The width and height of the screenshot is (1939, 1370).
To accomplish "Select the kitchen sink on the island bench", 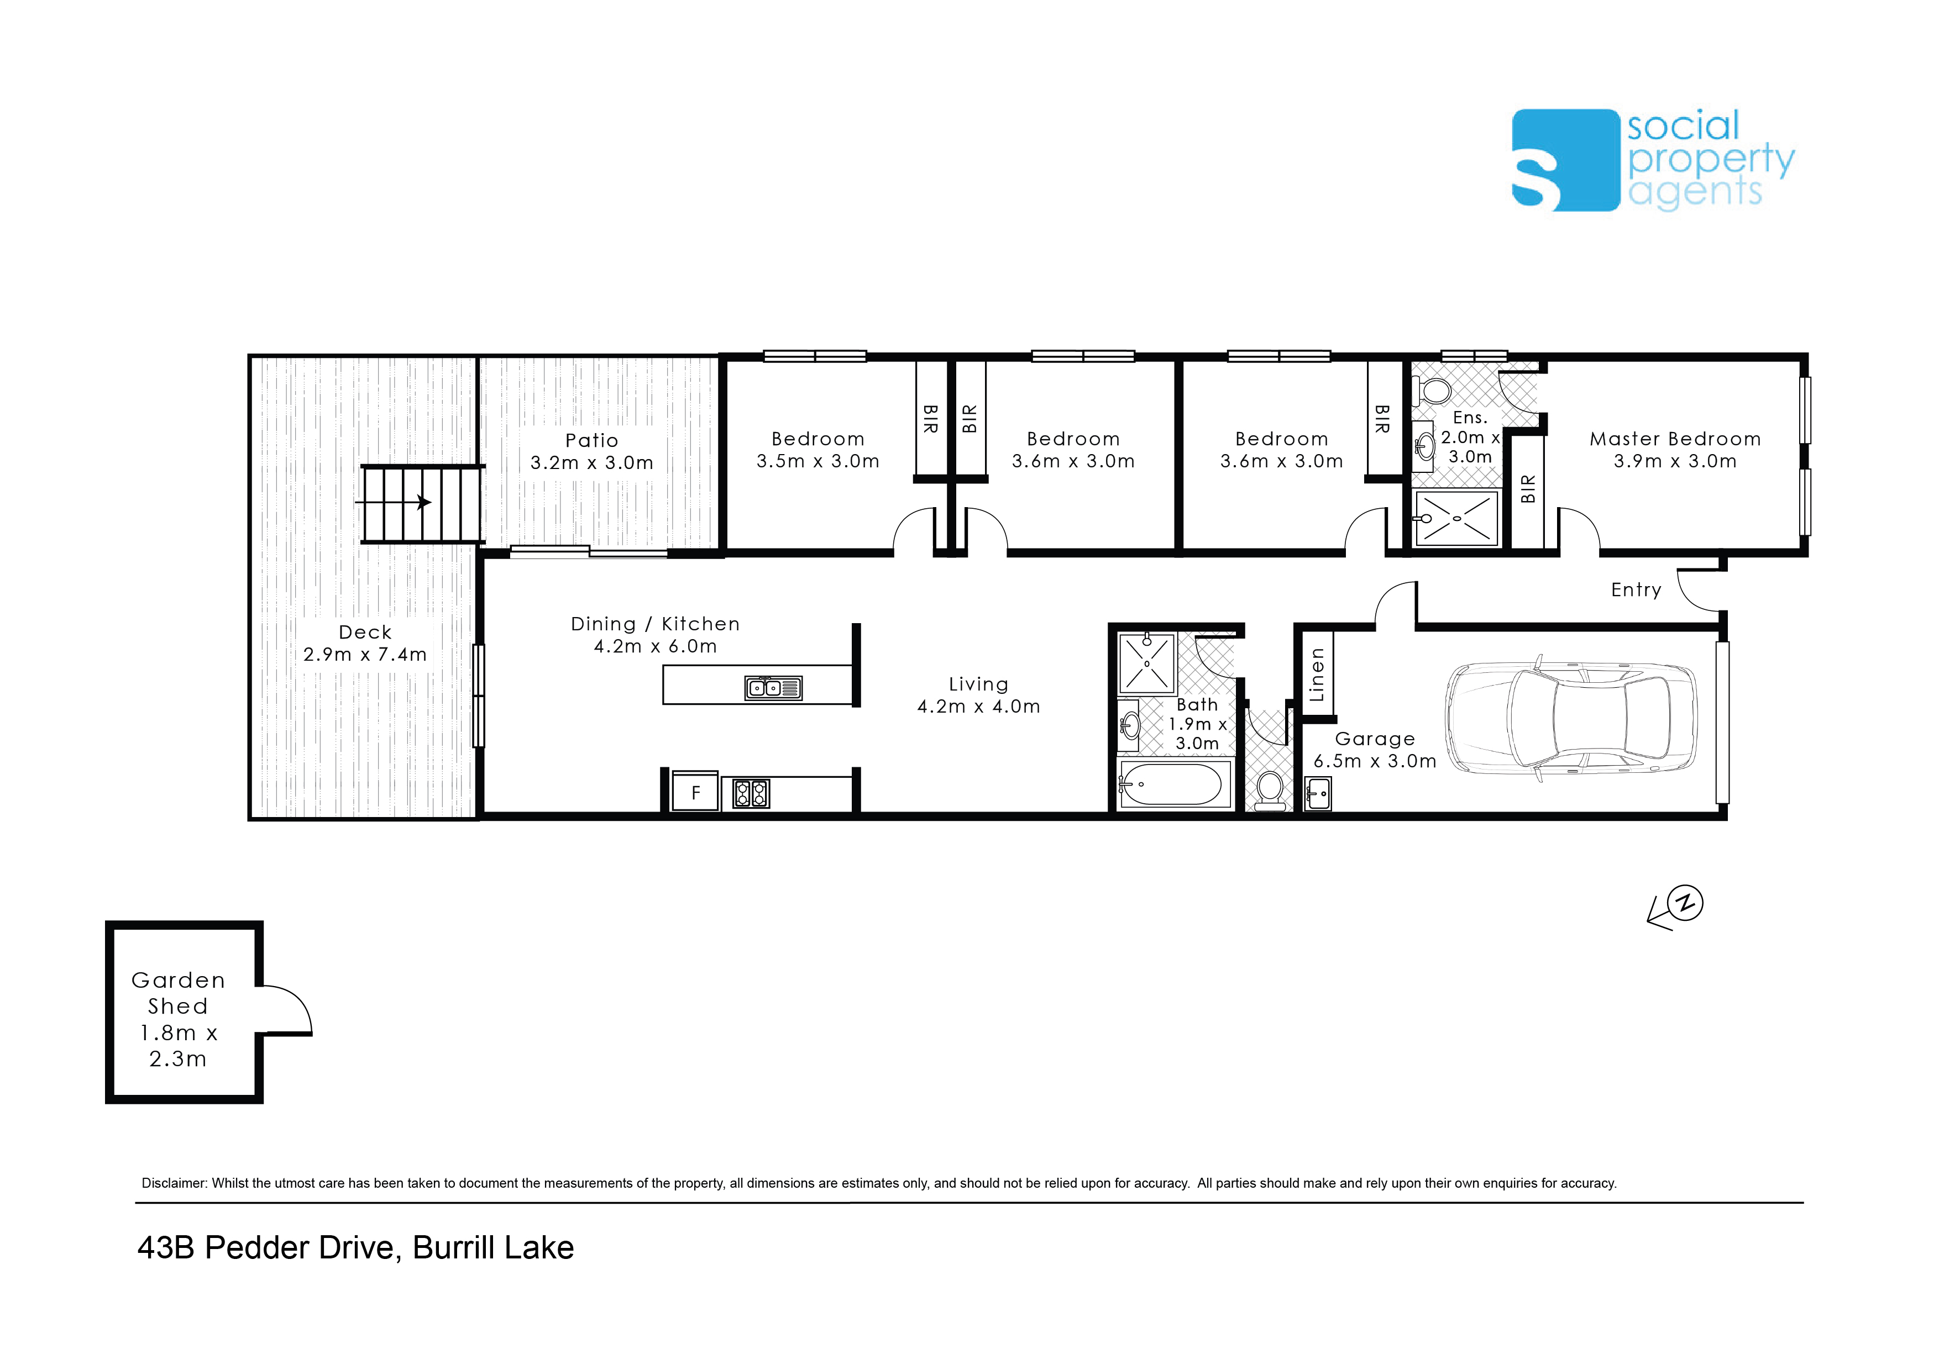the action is pyautogui.click(x=773, y=688).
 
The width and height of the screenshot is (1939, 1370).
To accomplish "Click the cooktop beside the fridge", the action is pyautogui.click(x=751, y=793).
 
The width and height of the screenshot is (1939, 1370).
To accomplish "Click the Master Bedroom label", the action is pyautogui.click(x=1675, y=439).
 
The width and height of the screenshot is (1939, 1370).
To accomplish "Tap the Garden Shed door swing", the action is pyautogui.click(x=287, y=1010).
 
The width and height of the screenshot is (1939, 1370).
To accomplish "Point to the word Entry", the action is pyautogui.click(x=1636, y=590).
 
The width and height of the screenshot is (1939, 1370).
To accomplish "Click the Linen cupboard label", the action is pyautogui.click(x=1316, y=675).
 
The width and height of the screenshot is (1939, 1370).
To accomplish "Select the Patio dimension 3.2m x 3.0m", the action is pyautogui.click(x=592, y=462).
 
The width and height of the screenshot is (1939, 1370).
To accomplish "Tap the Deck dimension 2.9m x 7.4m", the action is pyautogui.click(x=365, y=654).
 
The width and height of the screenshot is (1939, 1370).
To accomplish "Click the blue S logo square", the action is pyautogui.click(x=1565, y=160).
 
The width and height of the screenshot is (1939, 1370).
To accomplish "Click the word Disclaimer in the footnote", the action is pyautogui.click(x=174, y=1183).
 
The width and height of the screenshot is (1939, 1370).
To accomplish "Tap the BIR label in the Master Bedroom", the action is pyautogui.click(x=1528, y=489).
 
